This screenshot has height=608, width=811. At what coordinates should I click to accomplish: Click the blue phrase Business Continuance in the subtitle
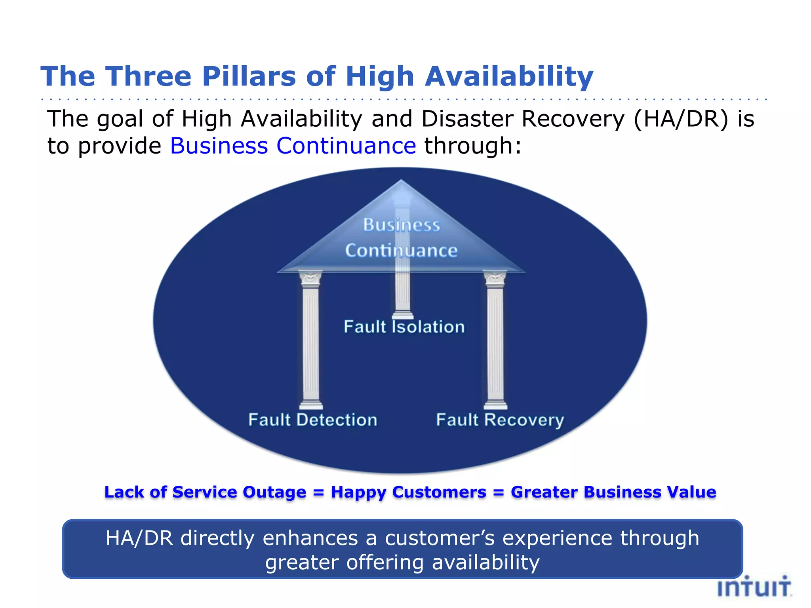(x=293, y=146)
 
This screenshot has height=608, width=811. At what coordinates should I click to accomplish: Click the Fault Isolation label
(x=404, y=327)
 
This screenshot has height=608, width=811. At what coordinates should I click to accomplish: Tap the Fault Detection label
(x=313, y=420)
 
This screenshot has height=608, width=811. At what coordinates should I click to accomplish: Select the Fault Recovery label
(x=500, y=420)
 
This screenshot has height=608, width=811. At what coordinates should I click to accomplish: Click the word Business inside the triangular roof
(x=402, y=225)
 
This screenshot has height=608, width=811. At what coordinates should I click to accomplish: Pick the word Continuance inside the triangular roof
(x=401, y=251)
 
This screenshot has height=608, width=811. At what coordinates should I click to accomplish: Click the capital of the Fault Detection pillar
(x=310, y=279)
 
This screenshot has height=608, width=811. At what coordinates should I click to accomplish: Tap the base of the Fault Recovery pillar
(x=495, y=405)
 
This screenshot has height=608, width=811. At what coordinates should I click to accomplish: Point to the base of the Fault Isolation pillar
(x=403, y=315)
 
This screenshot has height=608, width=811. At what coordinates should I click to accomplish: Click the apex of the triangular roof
(x=401, y=181)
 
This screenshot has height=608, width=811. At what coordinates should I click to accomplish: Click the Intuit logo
(x=754, y=587)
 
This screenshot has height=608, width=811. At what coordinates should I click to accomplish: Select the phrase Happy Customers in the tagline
(x=408, y=492)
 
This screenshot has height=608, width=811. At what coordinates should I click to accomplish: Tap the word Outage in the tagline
(x=274, y=492)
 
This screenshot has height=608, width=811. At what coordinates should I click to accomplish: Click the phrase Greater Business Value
(x=613, y=492)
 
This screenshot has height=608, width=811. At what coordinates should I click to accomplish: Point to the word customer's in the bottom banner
(x=440, y=538)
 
